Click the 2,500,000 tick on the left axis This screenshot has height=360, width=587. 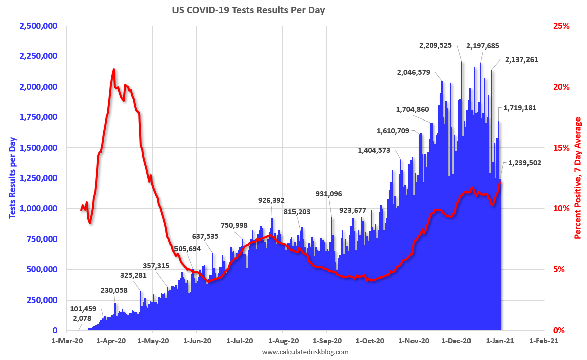[38, 26]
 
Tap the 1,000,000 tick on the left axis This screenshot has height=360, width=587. [38, 208]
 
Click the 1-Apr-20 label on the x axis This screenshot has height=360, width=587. [111, 340]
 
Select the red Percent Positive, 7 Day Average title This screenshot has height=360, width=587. [578, 178]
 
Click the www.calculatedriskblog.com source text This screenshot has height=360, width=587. [305, 352]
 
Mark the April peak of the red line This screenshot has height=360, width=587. [114, 70]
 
